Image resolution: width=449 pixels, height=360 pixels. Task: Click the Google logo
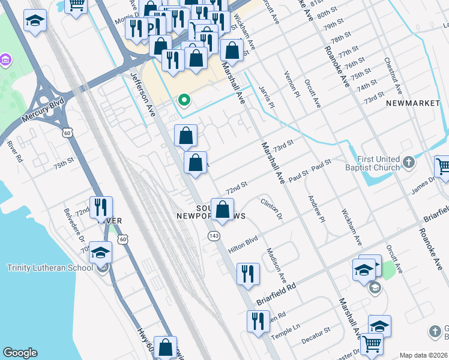pyautogui.click(x=20, y=353)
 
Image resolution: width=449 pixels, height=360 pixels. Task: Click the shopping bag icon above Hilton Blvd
pyautogui.click(x=223, y=209)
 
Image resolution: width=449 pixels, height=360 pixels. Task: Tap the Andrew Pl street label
pyautogui.click(x=315, y=208)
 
